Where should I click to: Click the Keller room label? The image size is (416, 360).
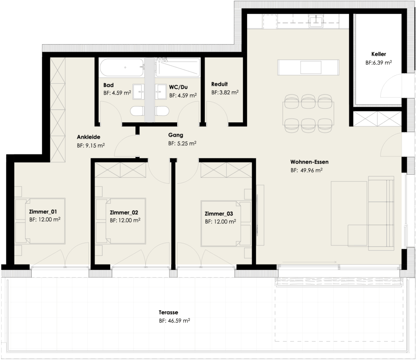point(378,54)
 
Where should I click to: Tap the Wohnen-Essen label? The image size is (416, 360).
point(307,161)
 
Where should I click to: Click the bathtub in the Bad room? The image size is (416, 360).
point(121,67)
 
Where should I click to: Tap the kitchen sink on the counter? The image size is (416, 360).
point(315,20)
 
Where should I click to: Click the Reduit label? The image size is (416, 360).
point(220,84)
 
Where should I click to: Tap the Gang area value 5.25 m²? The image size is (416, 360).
point(182,143)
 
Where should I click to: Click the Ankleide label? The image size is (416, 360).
point(88,137)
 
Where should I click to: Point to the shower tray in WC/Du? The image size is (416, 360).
point(178,67)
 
